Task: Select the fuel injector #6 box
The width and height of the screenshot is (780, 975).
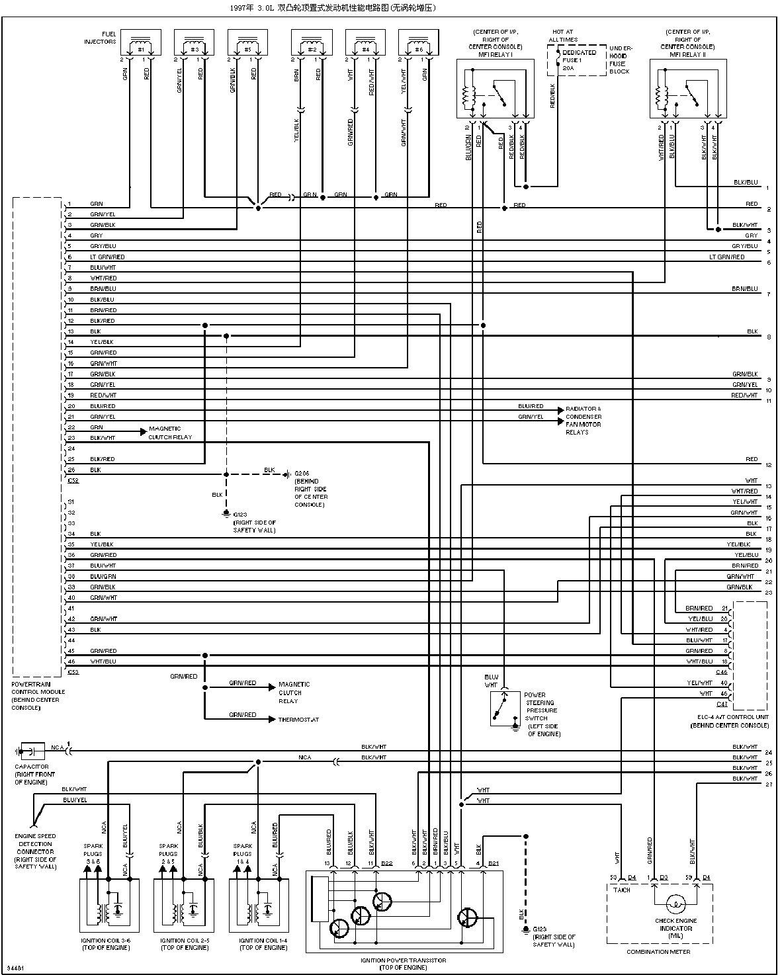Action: click(x=418, y=44)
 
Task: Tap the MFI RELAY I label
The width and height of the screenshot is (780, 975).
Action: click(x=495, y=55)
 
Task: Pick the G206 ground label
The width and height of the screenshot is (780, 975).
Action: click(x=302, y=474)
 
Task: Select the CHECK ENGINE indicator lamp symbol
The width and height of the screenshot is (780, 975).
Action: click(x=674, y=904)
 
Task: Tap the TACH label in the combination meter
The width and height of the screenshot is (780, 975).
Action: click(x=621, y=890)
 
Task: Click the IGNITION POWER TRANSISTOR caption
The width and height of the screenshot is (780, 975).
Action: click(x=403, y=960)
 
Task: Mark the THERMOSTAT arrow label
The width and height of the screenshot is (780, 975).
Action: click(x=298, y=720)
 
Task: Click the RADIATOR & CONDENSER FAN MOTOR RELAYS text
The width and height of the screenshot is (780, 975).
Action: click(x=583, y=421)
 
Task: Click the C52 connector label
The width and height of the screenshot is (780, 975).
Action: click(x=73, y=481)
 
